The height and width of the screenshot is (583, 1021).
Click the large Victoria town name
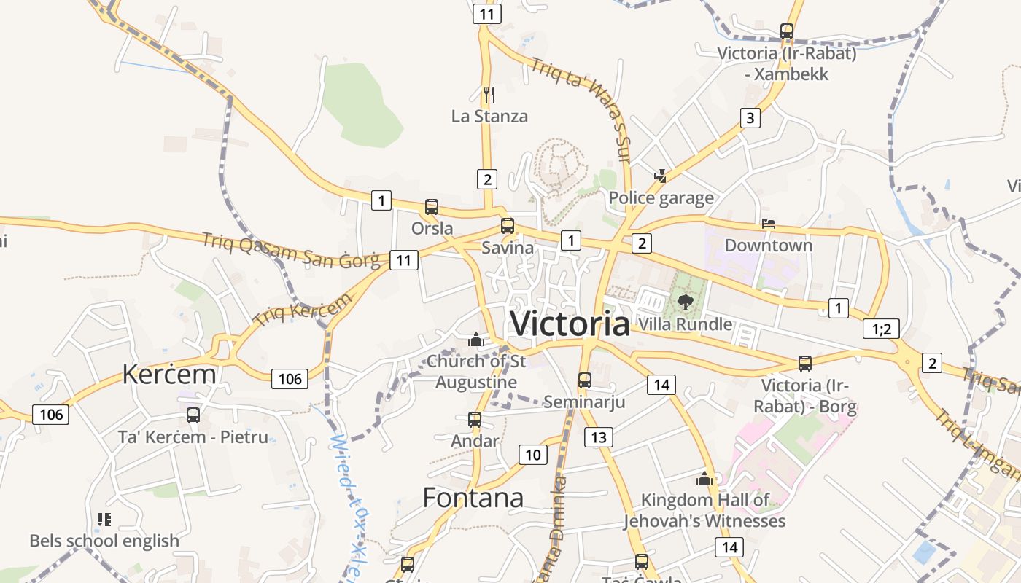pos(570,324)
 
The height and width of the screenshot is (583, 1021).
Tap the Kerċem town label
pos(169,374)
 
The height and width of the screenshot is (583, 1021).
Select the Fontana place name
pos(473,498)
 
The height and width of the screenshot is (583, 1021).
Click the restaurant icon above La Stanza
pos(489,94)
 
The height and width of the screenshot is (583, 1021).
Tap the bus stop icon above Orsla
pos(432,207)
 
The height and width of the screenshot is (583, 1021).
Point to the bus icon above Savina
pos(507,226)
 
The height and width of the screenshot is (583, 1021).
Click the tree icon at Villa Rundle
pos(685,302)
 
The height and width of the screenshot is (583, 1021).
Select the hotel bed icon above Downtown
pos(768,224)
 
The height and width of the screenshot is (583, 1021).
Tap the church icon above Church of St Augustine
pos(476,340)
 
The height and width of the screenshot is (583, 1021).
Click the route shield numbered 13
pos(599,437)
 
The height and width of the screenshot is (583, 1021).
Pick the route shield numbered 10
pos(533,455)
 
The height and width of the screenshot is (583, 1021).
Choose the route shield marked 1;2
pos(881,329)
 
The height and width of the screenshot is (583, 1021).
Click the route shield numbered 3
pos(750,118)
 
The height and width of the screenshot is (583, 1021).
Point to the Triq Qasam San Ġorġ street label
pos(291,250)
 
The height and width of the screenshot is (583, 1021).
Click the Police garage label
pos(661,198)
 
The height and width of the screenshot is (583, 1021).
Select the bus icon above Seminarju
pos(585,380)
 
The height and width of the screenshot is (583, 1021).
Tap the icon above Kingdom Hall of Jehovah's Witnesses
pos(704,479)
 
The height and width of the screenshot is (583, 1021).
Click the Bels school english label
pos(104,541)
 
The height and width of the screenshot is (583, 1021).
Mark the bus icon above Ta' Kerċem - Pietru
pos(193,415)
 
